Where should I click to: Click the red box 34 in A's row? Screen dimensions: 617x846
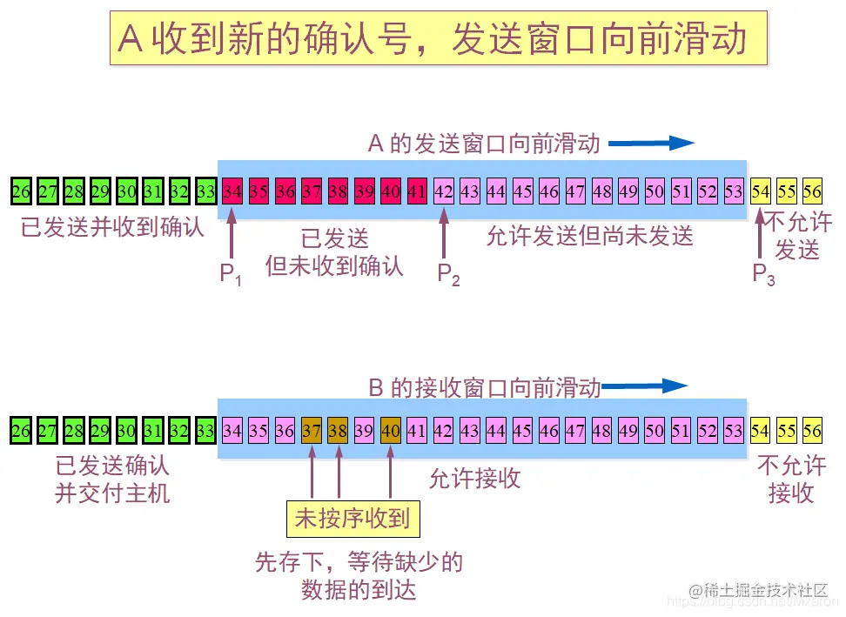point(232,191)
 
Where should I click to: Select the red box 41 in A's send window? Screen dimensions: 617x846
point(417,191)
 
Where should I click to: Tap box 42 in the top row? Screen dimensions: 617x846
point(444,191)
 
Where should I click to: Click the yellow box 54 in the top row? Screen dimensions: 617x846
point(761,191)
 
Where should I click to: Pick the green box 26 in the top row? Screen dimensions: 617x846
point(21,191)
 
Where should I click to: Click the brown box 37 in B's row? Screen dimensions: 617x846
point(312,430)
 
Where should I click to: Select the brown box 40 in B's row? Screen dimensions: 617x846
point(391,430)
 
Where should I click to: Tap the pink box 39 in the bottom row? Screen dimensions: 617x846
point(364,430)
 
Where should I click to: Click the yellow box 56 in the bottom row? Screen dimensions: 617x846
point(812,430)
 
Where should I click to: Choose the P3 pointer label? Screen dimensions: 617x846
point(763,275)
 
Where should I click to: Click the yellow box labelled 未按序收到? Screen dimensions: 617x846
point(352,520)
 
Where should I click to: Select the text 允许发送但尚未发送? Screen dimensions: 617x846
point(589,236)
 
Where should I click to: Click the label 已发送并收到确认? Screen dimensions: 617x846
point(112,228)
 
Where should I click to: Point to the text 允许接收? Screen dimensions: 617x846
point(474,478)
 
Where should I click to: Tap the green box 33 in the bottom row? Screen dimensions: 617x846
point(205,430)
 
